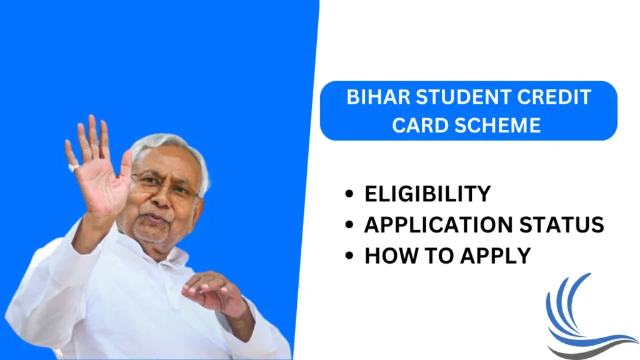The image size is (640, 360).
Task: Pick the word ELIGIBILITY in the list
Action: pos(427,194)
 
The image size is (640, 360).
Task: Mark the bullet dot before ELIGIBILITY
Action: pos(348,195)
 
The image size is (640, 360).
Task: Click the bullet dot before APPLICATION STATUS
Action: pos(348,226)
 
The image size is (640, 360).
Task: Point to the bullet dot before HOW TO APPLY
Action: pos(348,256)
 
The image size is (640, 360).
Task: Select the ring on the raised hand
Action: pos(74,167)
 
